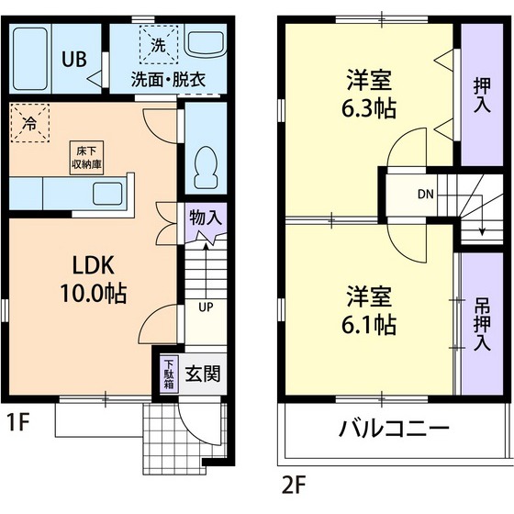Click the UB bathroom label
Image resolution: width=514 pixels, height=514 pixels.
point(74,59)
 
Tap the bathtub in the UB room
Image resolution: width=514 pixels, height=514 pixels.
point(31,57)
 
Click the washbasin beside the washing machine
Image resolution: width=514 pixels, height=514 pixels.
point(202,43)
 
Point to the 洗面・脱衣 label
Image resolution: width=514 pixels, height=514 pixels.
point(167,79)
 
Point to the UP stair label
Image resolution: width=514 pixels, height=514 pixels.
point(206,307)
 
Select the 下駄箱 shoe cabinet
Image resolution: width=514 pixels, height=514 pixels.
point(169,374)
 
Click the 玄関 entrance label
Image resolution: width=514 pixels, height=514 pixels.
point(202,374)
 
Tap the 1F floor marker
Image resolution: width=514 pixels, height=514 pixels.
point(18,423)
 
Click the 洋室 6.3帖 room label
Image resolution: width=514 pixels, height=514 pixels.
point(371,93)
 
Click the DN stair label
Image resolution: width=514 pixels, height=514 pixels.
point(426,195)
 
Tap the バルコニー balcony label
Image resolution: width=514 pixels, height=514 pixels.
point(394,429)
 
